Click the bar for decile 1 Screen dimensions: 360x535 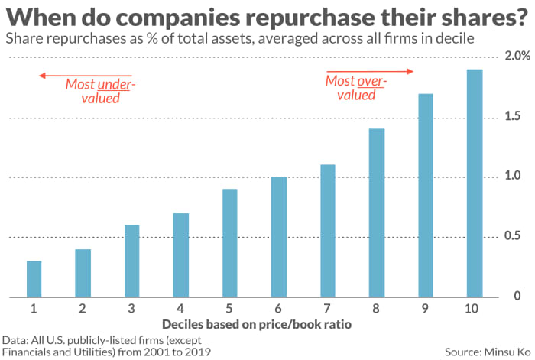[34, 279]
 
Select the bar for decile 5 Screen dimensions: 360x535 [229, 243]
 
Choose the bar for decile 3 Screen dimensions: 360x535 [131, 261]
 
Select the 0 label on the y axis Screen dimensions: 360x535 [516, 296]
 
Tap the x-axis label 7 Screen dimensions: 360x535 [327, 308]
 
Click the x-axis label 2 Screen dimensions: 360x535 [83, 308]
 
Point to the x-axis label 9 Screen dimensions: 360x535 [425, 308]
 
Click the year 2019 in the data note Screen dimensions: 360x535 [195, 352]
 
